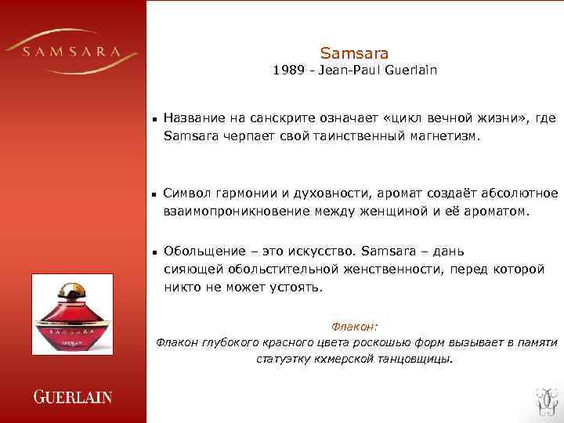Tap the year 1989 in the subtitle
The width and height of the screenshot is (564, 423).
(287, 70)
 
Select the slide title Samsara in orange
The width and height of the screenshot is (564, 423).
(354, 53)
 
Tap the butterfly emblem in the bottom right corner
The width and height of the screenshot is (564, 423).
(542, 400)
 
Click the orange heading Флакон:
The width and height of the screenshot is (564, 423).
(355, 327)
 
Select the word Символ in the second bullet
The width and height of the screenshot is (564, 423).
(188, 193)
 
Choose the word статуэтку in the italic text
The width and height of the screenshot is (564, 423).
(284, 360)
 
